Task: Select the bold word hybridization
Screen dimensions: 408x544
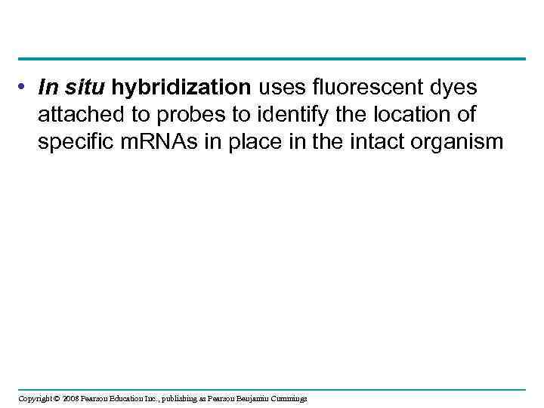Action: coord(181,89)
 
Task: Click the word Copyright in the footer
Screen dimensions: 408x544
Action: coord(34,398)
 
